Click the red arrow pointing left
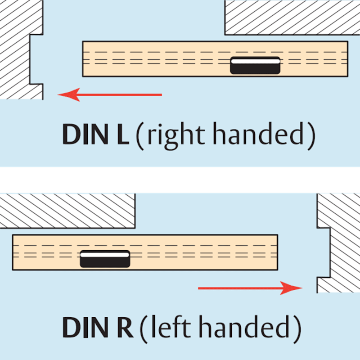110,94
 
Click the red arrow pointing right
250,288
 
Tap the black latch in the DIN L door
255,65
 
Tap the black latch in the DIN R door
105,259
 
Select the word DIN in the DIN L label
85,134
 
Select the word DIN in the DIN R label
85,328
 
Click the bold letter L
123,134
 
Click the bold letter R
125,328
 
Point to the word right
176,135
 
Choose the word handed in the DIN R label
244,327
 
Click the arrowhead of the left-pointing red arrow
68,94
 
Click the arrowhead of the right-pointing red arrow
292,288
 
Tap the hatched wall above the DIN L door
292,18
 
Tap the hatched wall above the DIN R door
67,211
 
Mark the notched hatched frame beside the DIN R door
344,243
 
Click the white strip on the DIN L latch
255,61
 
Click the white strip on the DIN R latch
105,255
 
